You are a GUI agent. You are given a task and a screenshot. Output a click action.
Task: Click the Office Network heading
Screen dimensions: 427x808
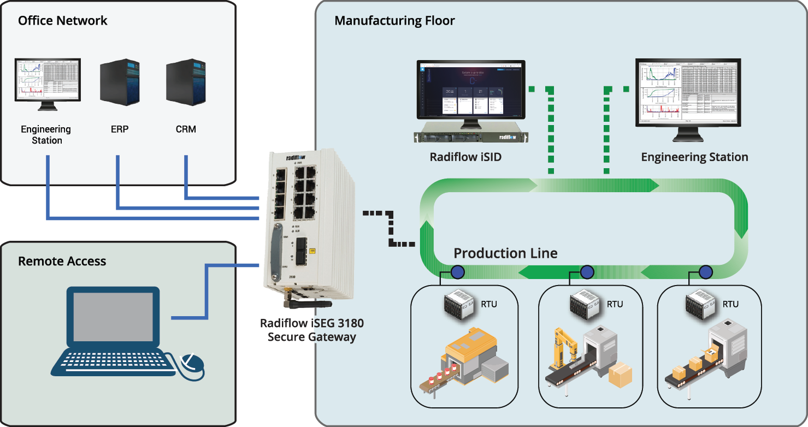pos(62,21)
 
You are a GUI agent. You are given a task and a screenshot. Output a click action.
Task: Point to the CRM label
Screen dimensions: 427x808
pos(185,129)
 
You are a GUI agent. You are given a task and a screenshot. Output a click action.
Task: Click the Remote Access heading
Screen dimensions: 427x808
pos(62,261)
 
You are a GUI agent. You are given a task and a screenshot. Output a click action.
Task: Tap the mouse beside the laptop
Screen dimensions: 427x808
pos(192,365)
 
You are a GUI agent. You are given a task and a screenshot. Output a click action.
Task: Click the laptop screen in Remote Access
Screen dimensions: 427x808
pos(113,316)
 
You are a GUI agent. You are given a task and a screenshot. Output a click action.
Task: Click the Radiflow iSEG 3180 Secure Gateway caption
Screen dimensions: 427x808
pos(311,330)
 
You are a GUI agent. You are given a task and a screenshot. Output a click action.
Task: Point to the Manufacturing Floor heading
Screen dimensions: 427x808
pos(394,21)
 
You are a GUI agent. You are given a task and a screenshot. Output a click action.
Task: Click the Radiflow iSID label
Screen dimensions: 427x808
pos(465,157)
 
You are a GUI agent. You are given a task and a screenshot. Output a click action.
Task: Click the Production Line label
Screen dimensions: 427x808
pos(505,253)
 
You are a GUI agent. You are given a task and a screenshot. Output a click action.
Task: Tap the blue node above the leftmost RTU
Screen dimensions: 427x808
pos(457,271)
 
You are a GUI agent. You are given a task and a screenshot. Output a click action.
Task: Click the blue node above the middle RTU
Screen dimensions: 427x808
pos(587,271)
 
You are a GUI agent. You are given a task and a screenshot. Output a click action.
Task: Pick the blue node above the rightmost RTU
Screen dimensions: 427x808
pos(706,271)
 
